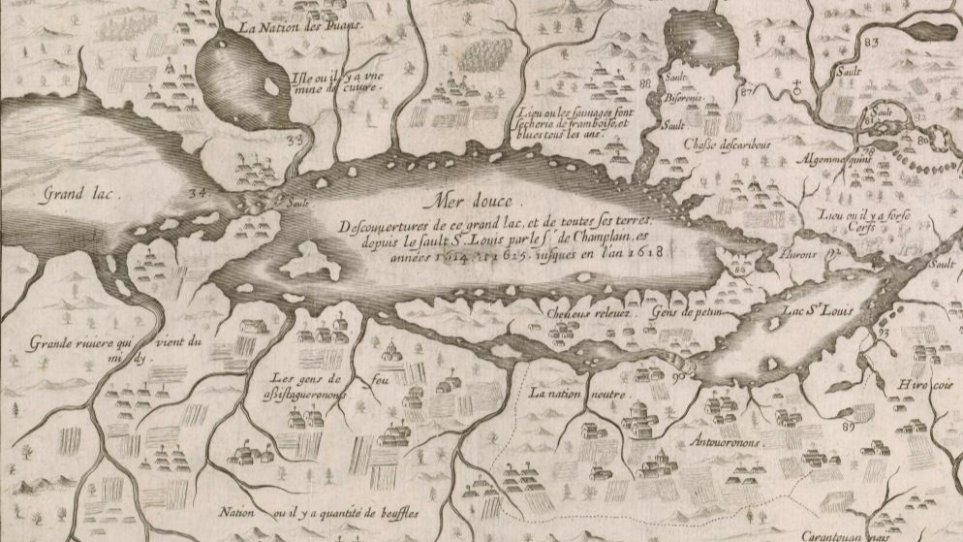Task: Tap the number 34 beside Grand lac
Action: (199, 193)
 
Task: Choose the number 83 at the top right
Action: (871, 42)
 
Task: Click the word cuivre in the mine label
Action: (365, 85)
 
